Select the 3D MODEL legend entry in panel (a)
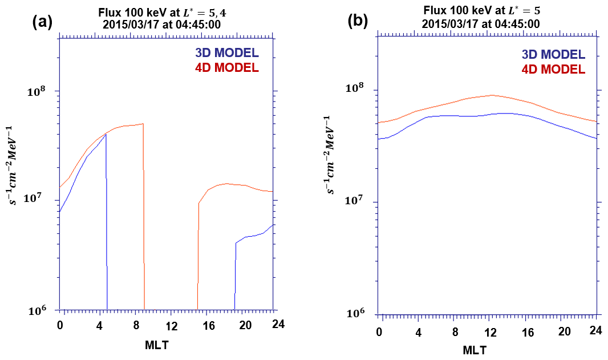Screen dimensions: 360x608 [227, 53]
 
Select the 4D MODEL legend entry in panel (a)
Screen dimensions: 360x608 [227, 67]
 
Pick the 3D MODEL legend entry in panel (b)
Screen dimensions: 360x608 [554, 55]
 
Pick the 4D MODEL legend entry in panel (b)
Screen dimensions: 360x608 [554, 69]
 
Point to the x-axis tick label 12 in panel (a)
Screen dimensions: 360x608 [171, 325]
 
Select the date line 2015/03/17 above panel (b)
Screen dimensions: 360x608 [481, 24]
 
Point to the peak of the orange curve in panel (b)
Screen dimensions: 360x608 [492, 95]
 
